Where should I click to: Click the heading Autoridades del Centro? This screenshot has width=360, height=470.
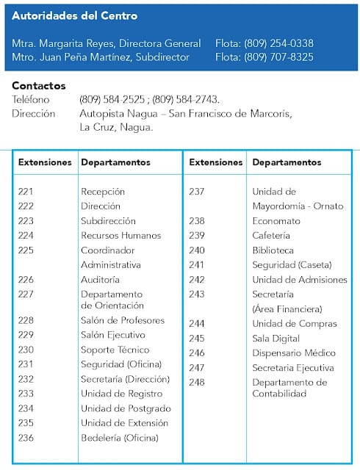point(74,15)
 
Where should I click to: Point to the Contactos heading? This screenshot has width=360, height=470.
point(38,86)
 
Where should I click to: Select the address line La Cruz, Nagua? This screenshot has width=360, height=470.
point(116,126)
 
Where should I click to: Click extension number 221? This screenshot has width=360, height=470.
point(26,192)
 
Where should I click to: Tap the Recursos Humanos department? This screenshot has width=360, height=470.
point(120,236)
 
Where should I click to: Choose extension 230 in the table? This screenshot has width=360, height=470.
point(26,350)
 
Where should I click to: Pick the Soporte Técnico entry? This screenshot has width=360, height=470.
point(115,350)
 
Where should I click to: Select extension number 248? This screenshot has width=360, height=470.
point(197,382)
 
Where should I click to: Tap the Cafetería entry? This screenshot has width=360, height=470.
point(271,236)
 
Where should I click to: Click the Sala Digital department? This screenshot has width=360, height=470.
point(276,339)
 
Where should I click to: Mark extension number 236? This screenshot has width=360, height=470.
point(26,438)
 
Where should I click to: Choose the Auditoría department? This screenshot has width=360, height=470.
point(100,280)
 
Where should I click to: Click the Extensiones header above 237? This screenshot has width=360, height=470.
point(216,162)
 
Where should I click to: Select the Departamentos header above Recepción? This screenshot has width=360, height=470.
point(115,162)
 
